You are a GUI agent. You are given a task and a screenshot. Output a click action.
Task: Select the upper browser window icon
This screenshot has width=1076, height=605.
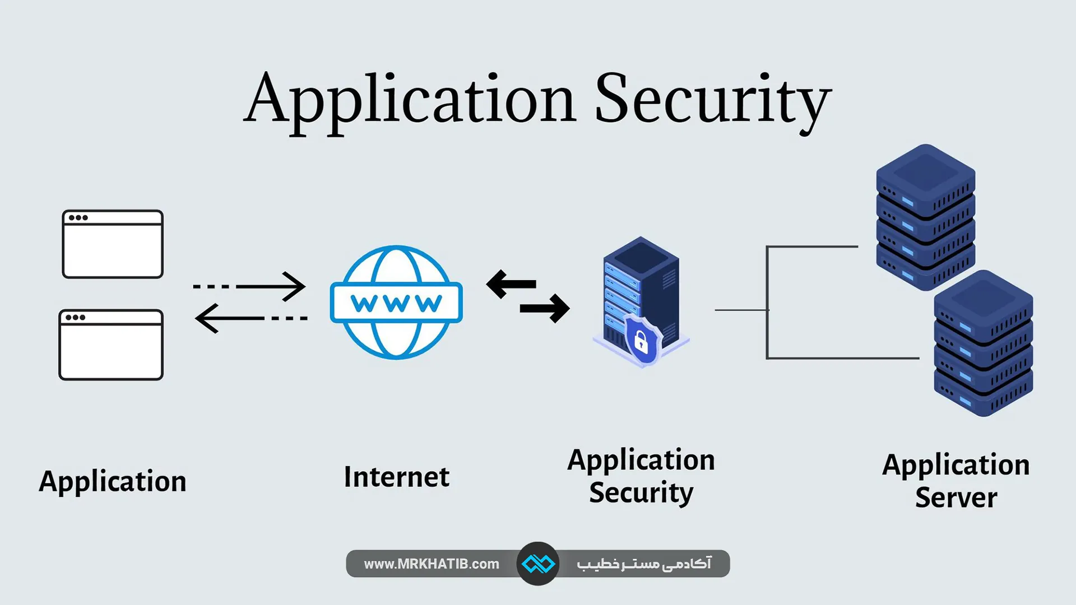coord(113,244)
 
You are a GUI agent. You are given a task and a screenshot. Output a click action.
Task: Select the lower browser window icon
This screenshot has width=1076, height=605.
coord(111,345)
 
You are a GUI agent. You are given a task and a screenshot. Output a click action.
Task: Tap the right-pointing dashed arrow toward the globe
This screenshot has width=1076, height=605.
coord(250,286)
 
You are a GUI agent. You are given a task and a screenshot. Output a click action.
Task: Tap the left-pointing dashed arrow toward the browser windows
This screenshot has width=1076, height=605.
coord(251,318)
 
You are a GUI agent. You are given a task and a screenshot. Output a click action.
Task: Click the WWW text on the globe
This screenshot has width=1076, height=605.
coord(396,303)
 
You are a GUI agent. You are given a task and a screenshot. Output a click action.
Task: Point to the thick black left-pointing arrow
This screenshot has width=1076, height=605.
coord(511,283)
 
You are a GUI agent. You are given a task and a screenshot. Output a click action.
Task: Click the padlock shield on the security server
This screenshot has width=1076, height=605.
coord(642,340)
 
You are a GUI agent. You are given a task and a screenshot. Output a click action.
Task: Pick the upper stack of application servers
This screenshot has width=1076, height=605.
coord(925,217)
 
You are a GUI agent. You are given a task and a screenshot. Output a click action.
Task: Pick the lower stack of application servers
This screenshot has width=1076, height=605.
coord(983,343)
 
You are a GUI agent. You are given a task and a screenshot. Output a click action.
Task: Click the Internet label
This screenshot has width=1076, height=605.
coord(396,477)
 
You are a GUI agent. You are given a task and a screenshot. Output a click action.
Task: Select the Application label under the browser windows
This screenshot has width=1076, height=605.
coord(113,482)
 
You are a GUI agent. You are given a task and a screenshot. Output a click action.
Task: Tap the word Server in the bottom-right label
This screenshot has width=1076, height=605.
coord(956,498)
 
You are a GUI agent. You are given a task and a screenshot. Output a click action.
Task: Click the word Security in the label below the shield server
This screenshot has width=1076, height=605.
coord(641,493)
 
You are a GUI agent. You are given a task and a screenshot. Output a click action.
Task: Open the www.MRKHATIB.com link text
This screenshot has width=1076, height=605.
coord(432,564)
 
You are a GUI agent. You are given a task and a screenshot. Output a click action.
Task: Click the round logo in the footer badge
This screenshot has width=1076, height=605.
coord(537,564)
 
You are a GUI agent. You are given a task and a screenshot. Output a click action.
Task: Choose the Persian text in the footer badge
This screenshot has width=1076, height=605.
coord(644,564)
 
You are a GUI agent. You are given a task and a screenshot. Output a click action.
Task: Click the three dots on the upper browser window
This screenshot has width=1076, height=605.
coord(78,218)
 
